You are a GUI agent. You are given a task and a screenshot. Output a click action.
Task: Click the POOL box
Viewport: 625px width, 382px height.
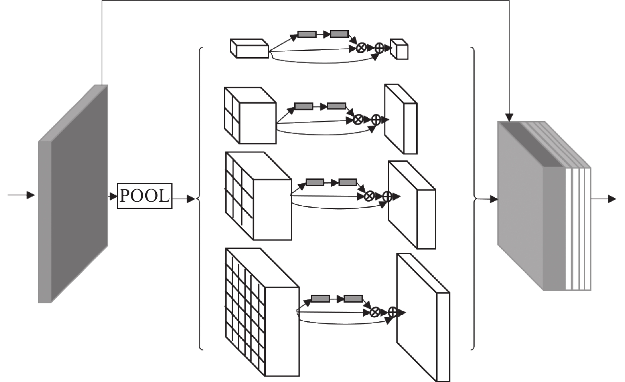click(x=144, y=196)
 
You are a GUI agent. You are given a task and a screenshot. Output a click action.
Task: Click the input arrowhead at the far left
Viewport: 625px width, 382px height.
click(x=31, y=195)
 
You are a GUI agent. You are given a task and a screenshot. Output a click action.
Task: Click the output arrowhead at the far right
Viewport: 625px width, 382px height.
click(x=612, y=199)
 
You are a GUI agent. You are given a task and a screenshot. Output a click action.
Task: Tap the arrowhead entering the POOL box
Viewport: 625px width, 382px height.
click(x=113, y=196)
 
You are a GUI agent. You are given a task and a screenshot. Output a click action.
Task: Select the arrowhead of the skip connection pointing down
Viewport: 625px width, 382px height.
click(x=509, y=118)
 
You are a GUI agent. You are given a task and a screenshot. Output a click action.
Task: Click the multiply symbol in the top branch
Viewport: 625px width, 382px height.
click(x=362, y=48)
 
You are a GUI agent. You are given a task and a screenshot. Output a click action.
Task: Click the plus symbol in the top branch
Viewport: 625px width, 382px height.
click(x=379, y=48)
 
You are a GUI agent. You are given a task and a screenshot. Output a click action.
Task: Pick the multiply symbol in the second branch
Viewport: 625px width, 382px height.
click(x=358, y=120)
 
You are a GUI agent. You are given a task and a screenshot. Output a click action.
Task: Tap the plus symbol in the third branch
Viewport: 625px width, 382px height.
click(x=387, y=196)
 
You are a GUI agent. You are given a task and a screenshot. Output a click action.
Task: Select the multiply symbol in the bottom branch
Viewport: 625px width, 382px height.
click(x=375, y=312)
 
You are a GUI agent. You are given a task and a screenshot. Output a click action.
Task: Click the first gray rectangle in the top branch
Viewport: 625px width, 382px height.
click(x=307, y=34)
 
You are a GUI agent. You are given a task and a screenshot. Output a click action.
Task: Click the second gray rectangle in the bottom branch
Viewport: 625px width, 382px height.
click(x=353, y=299)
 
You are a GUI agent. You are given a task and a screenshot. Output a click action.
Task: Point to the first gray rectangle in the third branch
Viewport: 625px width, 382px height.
click(x=315, y=182)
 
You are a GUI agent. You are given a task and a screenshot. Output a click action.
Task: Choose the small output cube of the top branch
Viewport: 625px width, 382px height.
click(x=399, y=49)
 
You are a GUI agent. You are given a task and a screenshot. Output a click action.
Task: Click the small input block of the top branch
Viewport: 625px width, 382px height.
click(x=249, y=48)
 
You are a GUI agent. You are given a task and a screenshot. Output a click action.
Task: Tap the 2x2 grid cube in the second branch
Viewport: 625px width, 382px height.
click(x=250, y=116)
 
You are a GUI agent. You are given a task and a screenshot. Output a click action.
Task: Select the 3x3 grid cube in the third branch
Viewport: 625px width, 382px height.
click(x=258, y=196)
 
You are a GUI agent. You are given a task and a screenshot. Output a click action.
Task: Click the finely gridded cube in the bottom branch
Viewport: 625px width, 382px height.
click(x=262, y=312)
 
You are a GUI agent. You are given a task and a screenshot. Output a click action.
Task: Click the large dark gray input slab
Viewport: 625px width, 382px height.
click(x=73, y=194)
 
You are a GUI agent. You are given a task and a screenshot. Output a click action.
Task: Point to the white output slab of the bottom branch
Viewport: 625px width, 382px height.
click(x=423, y=318)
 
